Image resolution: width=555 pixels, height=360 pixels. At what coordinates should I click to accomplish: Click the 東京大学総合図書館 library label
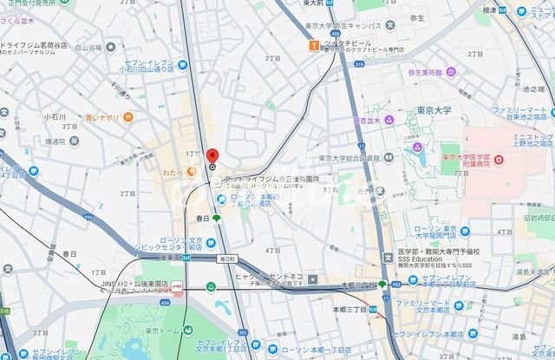(349, 159)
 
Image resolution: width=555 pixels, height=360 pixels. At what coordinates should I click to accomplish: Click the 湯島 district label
(519, 335)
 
